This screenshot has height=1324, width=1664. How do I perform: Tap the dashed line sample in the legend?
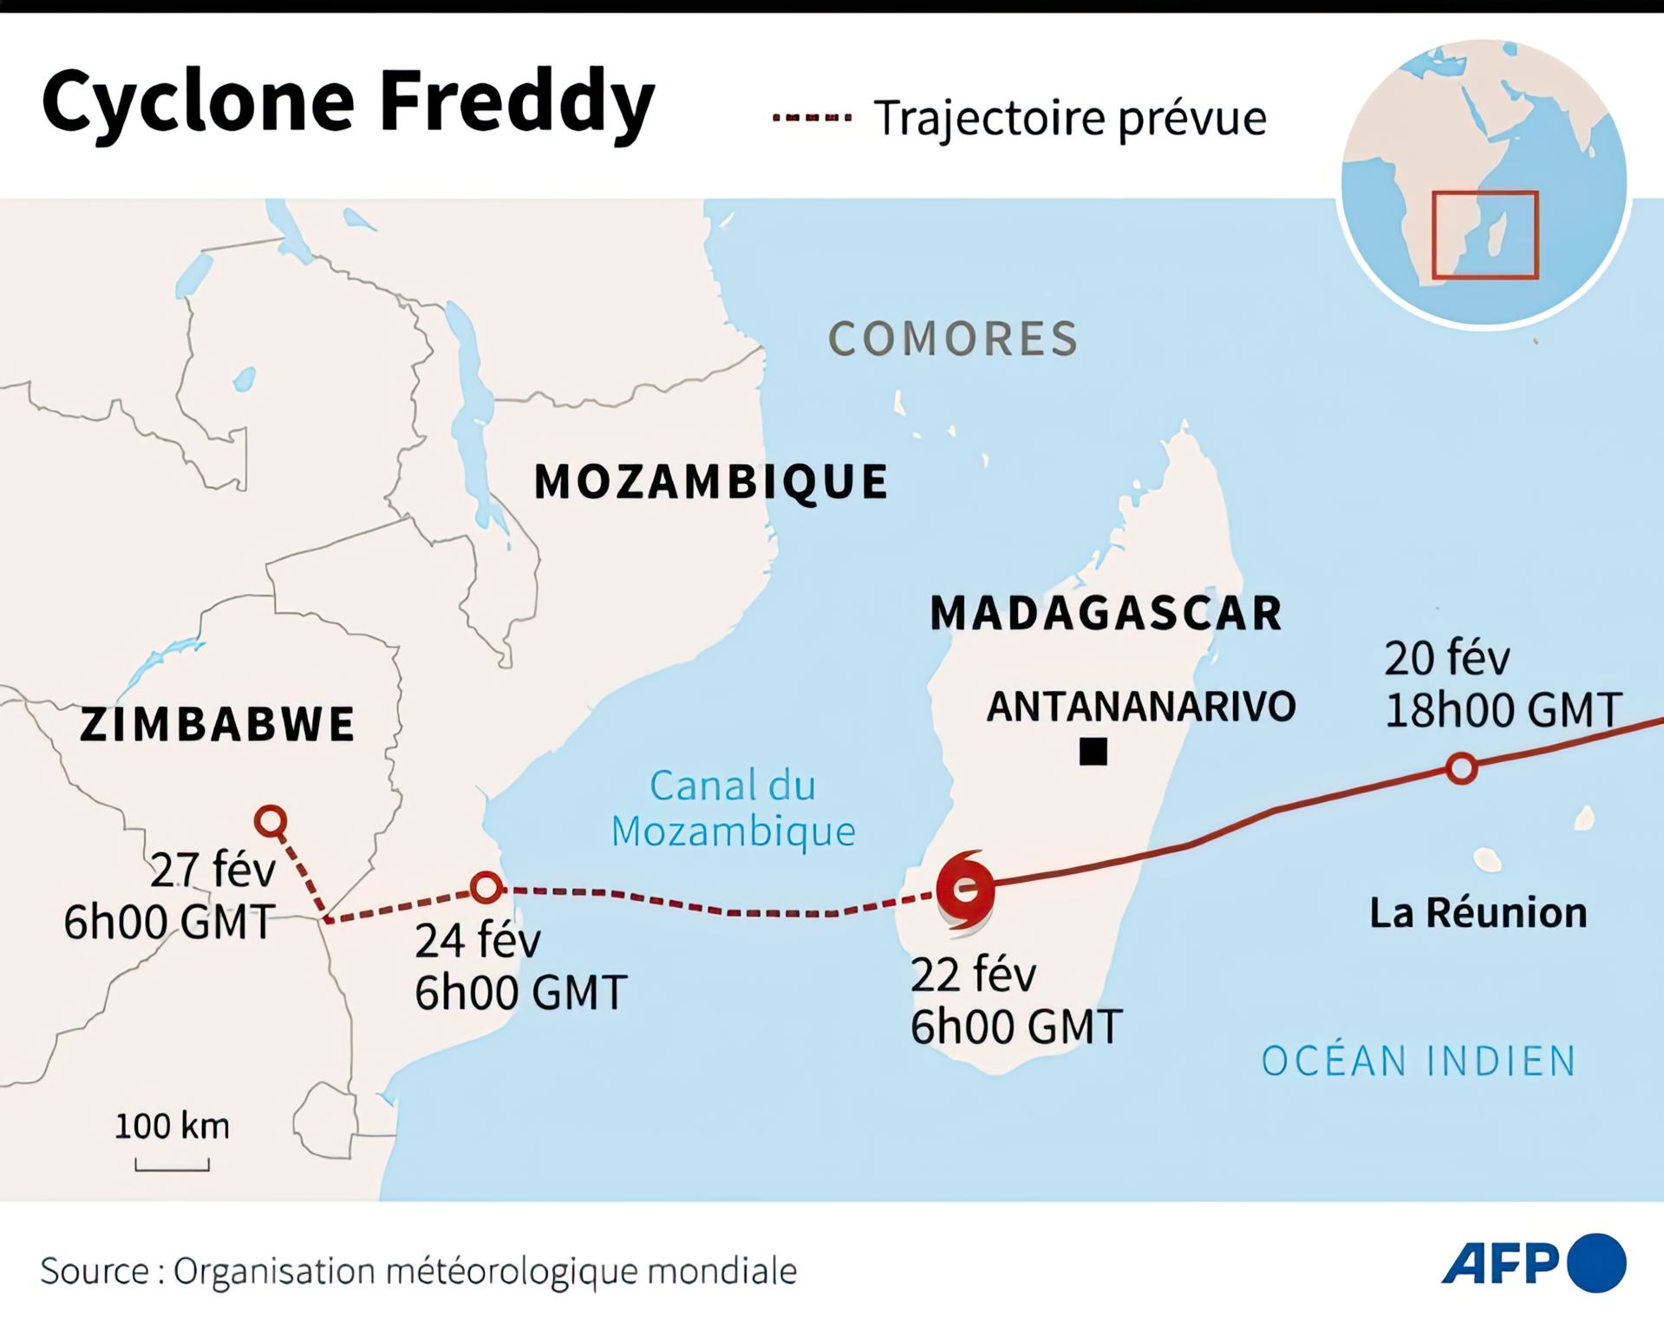pos(812,118)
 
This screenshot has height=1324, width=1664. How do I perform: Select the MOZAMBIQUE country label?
pos(711,481)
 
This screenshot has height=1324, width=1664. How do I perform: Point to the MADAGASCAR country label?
pos(1106,613)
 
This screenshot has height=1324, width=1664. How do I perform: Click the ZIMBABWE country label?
pos(217,724)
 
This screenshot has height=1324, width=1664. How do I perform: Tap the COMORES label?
pos(954,338)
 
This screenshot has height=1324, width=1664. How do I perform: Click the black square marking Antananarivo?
pos(1093,752)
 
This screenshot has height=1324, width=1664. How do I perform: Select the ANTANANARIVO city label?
pos(1141,707)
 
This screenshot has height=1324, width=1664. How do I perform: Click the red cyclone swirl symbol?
pos(965,890)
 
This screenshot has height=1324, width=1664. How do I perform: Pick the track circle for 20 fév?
pos(1462,768)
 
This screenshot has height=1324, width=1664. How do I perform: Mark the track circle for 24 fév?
pos(486,887)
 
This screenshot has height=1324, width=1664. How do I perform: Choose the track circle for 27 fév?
pos(271,820)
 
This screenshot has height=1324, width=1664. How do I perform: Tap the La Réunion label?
pos(1478,913)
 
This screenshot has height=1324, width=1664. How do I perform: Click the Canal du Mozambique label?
pos(734,808)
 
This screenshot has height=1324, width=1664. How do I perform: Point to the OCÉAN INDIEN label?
pos(1419,1061)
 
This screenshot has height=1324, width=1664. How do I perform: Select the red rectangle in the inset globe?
pos(1485,235)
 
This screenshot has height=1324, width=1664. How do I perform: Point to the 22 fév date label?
pos(973,975)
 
